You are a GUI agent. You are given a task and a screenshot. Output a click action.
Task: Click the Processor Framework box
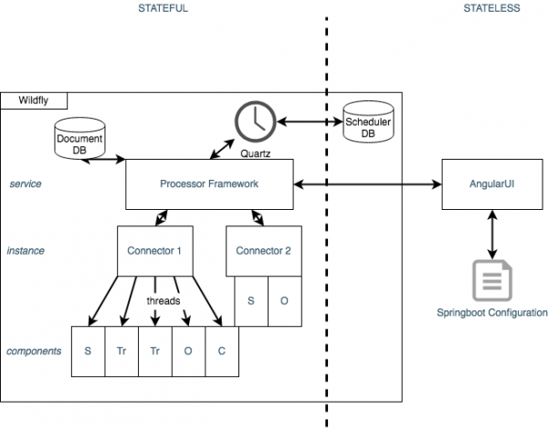click(x=209, y=183)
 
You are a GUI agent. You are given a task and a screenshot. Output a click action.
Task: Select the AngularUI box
click(x=494, y=183)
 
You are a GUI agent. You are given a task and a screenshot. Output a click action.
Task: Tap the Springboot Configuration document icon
click(x=494, y=280)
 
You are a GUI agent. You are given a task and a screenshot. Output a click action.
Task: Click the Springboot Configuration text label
click(x=494, y=312)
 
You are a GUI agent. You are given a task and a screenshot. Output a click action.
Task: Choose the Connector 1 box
click(x=155, y=250)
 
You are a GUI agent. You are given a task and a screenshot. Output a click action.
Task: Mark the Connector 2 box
click(x=264, y=250)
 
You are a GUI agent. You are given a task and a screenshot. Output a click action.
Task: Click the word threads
click(x=163, y=299)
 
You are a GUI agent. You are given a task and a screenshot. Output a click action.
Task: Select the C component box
click(x=220, y=351)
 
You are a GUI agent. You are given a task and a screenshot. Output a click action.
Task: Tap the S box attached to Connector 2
click(x=251, y=300)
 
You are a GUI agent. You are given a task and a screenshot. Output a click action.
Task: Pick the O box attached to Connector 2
click(x=283, y=300)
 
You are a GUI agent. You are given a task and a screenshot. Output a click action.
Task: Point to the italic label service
click(x=25, y=183)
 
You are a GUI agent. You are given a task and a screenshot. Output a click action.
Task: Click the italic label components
click(x=34, y=351)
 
